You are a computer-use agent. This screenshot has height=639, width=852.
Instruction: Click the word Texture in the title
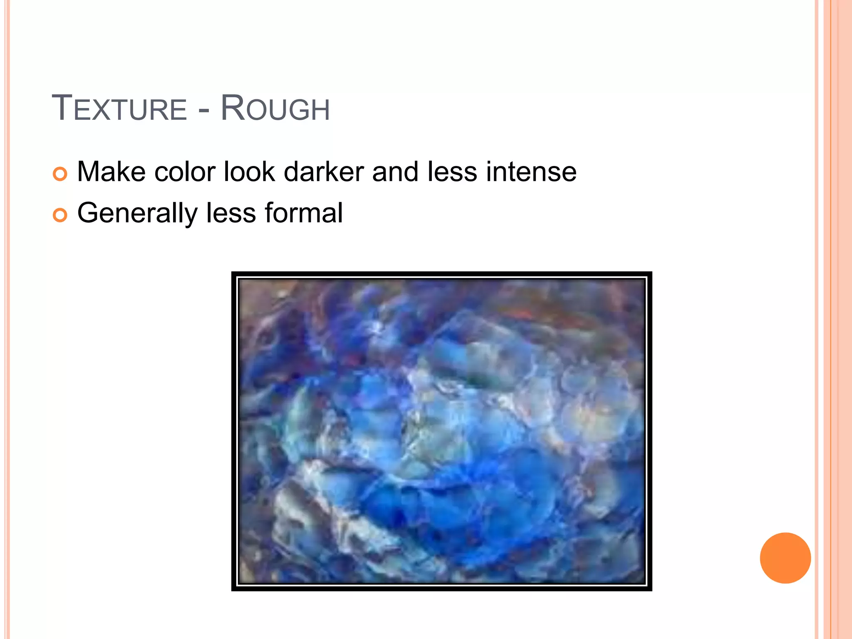119,109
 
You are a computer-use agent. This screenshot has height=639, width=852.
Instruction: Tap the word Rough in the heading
275,109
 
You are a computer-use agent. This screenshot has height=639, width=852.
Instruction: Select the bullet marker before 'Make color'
60,174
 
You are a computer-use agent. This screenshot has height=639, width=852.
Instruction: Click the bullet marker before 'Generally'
60,215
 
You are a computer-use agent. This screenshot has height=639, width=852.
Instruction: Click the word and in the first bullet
395,172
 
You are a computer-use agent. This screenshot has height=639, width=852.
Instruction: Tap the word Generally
137,213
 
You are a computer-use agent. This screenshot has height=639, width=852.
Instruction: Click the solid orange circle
785,558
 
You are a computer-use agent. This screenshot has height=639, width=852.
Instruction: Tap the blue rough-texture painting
441,431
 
